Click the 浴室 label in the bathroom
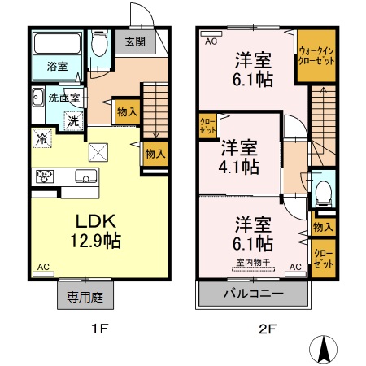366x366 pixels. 55,67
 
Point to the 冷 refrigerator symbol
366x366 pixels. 41,138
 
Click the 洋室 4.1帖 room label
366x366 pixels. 238,158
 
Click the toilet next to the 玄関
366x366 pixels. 99,45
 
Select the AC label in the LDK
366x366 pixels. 42,266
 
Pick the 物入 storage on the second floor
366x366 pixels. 323,227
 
